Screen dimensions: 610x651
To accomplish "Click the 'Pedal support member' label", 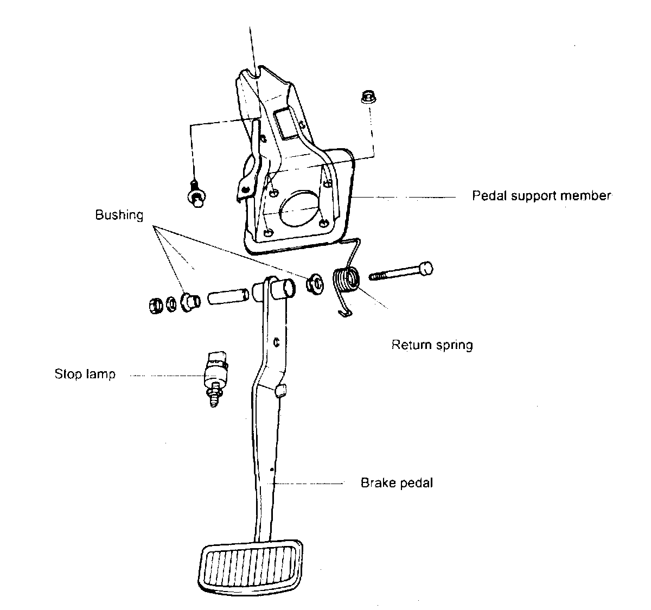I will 541,195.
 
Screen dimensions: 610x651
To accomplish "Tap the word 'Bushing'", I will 119,215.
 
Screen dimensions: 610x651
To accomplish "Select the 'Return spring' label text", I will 432,345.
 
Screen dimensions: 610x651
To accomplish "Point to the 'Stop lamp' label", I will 85,374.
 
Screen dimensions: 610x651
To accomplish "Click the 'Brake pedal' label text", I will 397,482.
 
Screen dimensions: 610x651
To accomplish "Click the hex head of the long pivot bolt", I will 426,269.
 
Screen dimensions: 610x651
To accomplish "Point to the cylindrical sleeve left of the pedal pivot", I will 228,296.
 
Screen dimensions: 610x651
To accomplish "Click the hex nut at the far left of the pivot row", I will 154,305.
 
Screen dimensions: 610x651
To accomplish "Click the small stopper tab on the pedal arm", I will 280,390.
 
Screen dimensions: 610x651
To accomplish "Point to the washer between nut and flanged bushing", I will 170,302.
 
